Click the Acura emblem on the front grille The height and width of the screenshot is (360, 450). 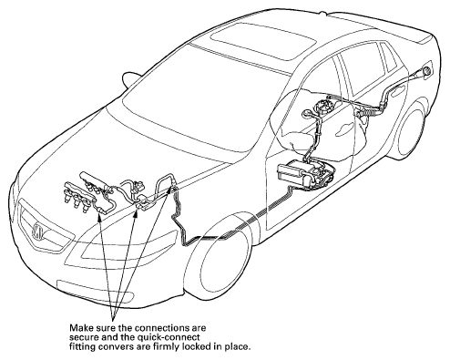[x=38, y=231]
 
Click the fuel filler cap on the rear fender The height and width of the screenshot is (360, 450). [x=427, y=70]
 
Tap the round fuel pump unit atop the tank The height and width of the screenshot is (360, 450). [x=323, y=107]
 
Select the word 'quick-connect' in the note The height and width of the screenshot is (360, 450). [x=173, y=337]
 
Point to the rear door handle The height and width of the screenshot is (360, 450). [x=397, y=91]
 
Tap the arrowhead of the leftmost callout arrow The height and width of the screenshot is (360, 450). [x=98, y=216]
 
